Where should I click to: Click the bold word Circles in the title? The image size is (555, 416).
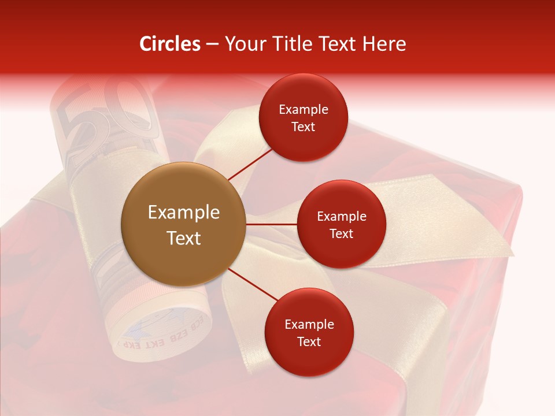point(169,44)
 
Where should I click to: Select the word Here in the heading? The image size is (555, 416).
point(383,44)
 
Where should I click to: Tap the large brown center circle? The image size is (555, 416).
point(184,224)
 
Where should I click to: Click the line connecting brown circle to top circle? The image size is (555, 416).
point(250,164)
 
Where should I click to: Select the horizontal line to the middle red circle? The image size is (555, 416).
point(272,224)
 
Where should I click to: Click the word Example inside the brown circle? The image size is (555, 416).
point(184,213)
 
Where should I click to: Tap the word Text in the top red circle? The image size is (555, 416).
point(303,127)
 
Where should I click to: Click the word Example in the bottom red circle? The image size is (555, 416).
point(309,325)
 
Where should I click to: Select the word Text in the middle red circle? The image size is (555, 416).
point(341,234)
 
